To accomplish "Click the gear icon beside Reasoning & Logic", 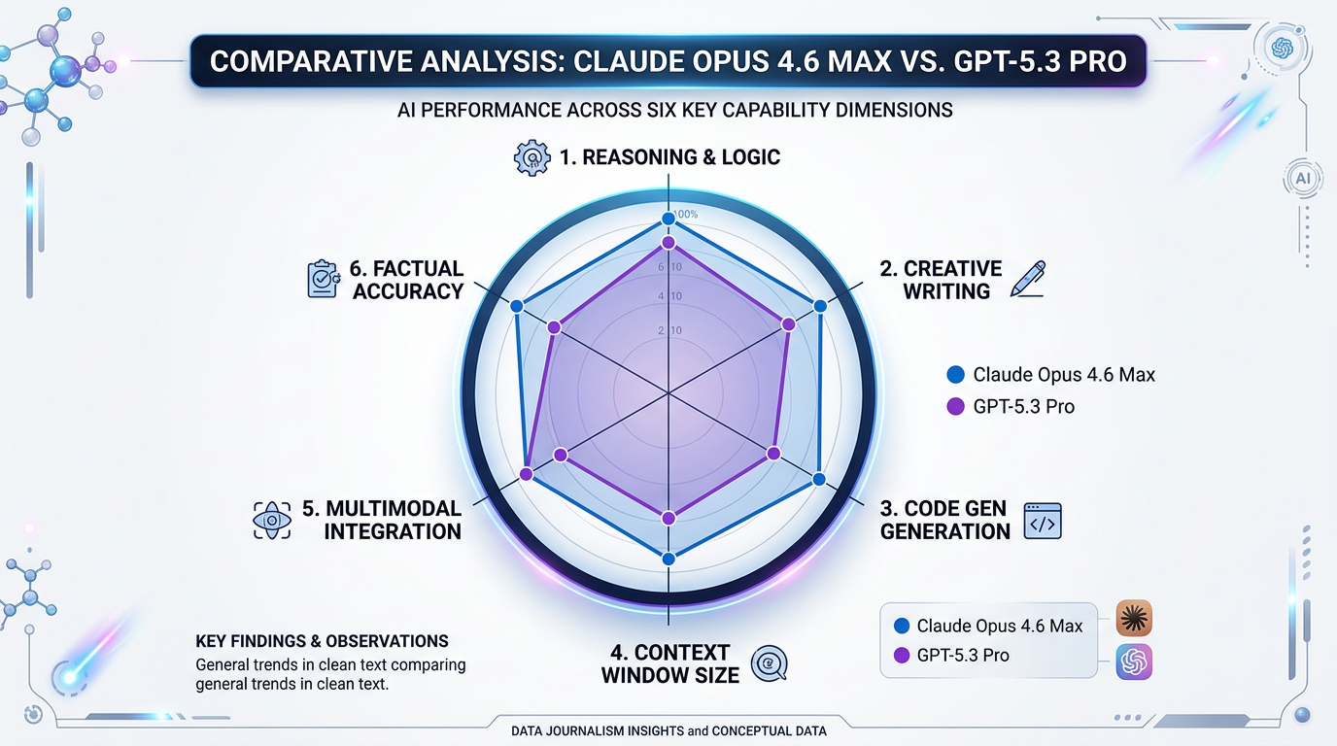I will pos(531,157).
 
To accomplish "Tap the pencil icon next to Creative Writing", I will pos(1028,279).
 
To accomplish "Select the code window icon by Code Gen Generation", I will pos(1043,521).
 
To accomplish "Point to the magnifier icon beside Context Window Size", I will pos(769,662).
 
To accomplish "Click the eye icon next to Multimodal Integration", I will pos(272,521).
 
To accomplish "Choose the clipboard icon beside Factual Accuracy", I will pos(323,279).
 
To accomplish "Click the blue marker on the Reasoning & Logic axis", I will pos(668,219).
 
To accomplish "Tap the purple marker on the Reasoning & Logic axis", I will pos(668,241).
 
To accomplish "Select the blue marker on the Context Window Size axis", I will pos(668,559).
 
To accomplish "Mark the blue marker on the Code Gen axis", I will pos(818,479).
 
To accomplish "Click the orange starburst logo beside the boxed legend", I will pos(1134,618).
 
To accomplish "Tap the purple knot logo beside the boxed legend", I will pos(1134,661).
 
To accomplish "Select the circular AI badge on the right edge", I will pos(1303,179).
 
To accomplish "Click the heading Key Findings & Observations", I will pos(322,641).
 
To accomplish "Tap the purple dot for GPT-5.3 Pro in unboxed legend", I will pos(954,407).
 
